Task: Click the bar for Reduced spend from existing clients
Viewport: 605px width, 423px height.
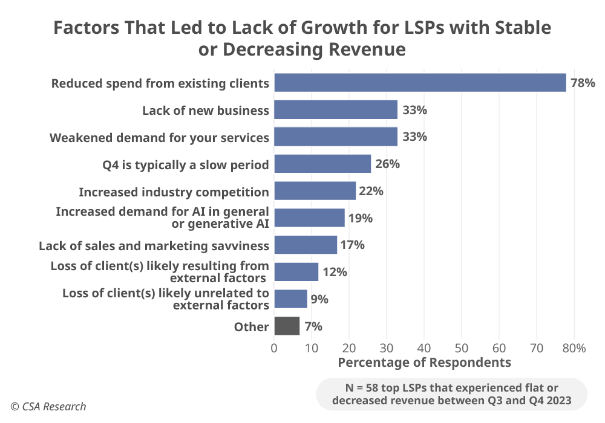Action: coord(420,83)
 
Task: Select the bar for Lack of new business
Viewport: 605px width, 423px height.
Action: coord(336,110)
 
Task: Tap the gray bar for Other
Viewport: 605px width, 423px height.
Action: coord(287,326)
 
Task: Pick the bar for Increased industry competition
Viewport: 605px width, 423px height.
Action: coord(315,191)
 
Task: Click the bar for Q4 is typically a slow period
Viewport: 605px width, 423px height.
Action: coord(322,164)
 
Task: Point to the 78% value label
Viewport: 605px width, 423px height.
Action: coord(583,83)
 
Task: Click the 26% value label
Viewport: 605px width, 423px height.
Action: coord(387,164)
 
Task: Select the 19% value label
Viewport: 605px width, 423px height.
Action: coord(360,218)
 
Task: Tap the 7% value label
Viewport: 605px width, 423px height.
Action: coord(313,326)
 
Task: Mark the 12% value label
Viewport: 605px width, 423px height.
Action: coord(335,272)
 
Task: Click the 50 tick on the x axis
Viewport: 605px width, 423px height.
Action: coord(462,348)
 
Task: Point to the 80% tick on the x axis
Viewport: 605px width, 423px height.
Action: coord(574,348)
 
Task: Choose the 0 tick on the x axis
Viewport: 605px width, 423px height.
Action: coord(274,348)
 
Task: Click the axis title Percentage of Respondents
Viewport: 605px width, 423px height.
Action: coord(424,363)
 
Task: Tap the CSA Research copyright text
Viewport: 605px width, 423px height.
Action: coord(48,407)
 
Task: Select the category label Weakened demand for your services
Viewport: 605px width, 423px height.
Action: coord(159,137)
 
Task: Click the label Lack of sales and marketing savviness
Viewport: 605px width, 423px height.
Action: coord(154,245)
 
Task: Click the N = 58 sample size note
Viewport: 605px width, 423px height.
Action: coord(452,394)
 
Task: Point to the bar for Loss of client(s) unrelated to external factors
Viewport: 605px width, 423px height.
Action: coord(291,299)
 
